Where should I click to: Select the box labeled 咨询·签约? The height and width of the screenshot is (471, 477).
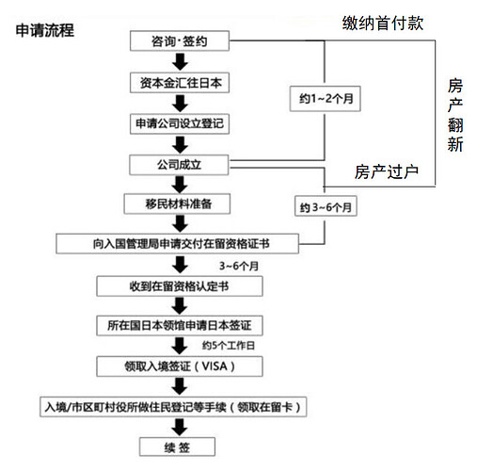[x=179, y=41]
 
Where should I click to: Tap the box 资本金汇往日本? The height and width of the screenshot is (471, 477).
[x=179, y=83]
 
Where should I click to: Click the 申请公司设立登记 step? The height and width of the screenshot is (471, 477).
[x=179, y=123]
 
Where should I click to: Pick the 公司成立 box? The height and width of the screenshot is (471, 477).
[x=179, y=165]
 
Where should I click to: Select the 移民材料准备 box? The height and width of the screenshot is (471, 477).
[x=179, y=203]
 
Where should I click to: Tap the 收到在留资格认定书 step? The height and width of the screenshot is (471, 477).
[x=179, y=284]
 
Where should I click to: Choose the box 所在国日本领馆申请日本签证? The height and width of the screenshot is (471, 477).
[x=179, y=325]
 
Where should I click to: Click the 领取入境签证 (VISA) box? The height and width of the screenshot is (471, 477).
[x=179, y=365]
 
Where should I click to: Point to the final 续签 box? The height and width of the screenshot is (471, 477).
[x=179, y=446]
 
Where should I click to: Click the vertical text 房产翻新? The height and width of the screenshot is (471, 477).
[x=455, y=114]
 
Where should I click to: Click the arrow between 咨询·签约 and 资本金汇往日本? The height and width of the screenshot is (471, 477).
[x=179, y=62]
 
